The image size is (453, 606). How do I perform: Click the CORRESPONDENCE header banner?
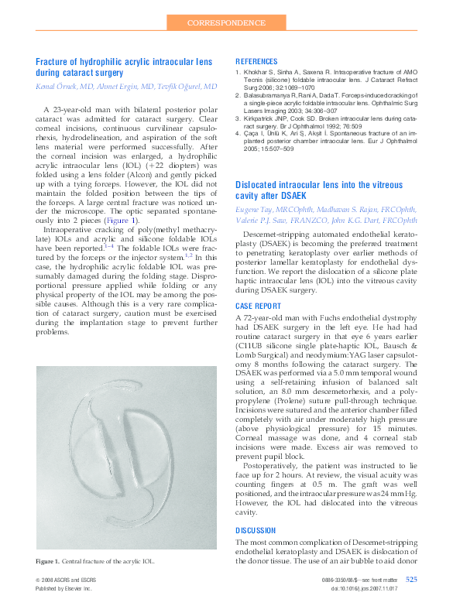[226, 23]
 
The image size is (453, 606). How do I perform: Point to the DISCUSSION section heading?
[255, 530]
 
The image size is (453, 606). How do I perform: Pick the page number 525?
[411, 579]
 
